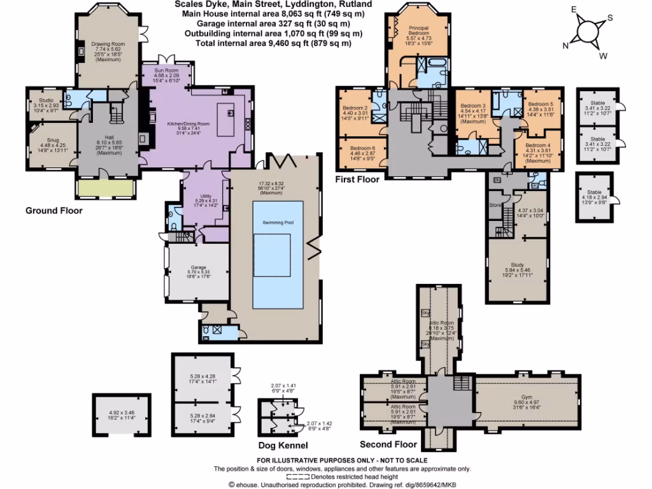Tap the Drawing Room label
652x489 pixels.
point(108,44)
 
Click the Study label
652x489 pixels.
point(518,264)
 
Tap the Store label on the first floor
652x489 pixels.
point(495,205)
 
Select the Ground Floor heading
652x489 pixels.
point(53,211)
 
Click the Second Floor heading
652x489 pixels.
point(388,444)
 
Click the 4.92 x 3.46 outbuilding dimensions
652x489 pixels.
point(122,412)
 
